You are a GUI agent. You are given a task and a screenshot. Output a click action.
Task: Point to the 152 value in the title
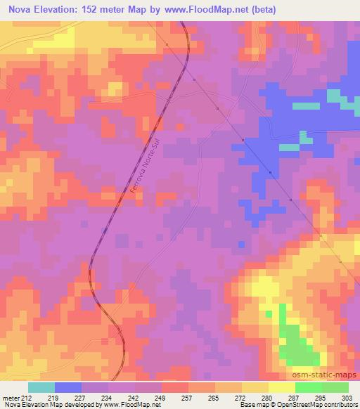pyautogui.click(x=98, y=10)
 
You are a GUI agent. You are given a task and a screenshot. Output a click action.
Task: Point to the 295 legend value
pyautogui.click(x=321, y=397)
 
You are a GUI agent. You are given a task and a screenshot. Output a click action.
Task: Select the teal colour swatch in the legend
pyautogui.click(x=41, y=387)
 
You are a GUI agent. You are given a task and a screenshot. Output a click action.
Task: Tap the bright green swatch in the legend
pyautogui.click(x=308, y=387)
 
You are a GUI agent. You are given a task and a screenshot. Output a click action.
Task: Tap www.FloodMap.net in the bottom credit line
pyautogui.click(x=134, y=405)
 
